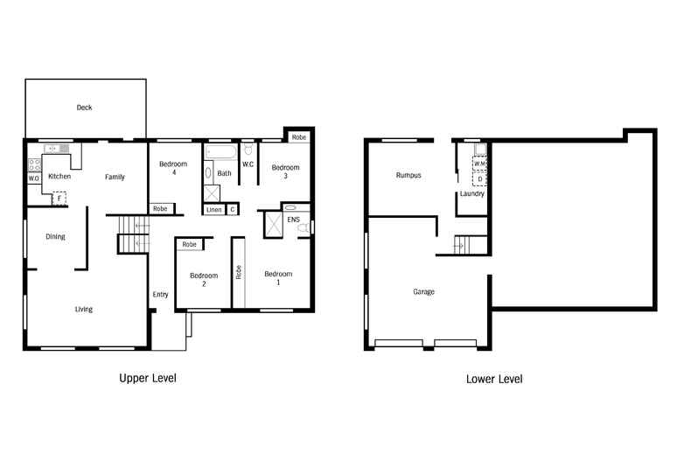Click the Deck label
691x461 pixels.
tap(84, 108)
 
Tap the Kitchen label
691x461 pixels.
tap(59, 177)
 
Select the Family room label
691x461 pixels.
tap(115, 177)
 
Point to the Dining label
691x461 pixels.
tap(55, 236)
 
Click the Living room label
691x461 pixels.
tap(83, 309)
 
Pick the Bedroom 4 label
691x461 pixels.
tap(173, 169)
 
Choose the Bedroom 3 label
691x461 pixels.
tap(285, 171)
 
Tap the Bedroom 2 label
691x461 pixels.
tap(203, 280)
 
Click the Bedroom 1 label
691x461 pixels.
tap(278, 278)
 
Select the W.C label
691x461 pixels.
tap(248, 164)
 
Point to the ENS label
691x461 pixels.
tap(293, 219)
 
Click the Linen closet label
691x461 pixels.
tap(214, 210)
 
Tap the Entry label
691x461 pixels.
tap(160, 294)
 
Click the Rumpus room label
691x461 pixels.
tap(408, 175)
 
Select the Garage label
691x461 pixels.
tap(424, 291)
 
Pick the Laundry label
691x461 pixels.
tap(471, 193)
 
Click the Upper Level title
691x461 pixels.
tap(147, 379)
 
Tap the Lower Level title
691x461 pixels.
tap(494, 379)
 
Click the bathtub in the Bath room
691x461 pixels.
tap(220, 152)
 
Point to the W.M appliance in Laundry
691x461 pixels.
tap(479, 163)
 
